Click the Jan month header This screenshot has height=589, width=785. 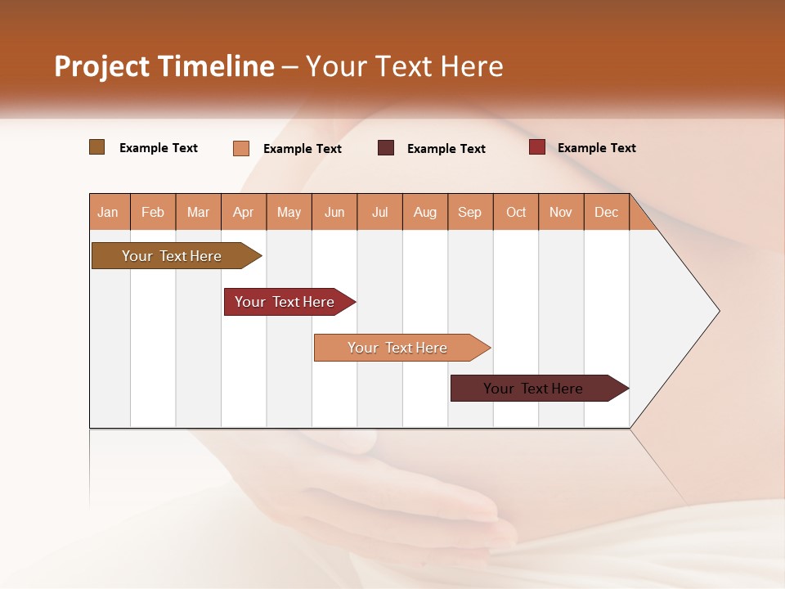coord(108,212)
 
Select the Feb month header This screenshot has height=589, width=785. coord(153,212)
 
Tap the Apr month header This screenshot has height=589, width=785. coord(243,212)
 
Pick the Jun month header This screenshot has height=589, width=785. coord(334,212)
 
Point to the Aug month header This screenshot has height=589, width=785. coord(424,212)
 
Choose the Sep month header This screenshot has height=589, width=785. coord(469,212)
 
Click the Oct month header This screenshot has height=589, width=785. coord(516,212)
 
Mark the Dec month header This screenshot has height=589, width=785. coord(606,212)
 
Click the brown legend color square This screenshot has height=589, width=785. coord(96,147)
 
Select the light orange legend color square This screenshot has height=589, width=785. coord(240,148)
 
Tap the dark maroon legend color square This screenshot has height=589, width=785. coord(386,148)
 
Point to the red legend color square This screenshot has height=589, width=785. coord(536,147)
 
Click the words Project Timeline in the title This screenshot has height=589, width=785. coord(164,66)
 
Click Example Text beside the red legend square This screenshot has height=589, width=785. coord(596,148)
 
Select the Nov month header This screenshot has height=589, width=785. coord(560,212)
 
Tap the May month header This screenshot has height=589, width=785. coord(289,212)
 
